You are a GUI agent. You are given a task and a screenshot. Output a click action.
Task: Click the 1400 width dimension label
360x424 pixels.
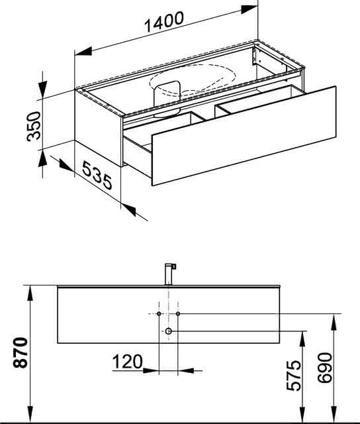tap(164, 21)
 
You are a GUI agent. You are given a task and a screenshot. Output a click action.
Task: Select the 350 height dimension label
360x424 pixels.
tap(34, 127)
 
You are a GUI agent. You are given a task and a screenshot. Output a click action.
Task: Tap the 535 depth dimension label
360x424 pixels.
tap(97, 175)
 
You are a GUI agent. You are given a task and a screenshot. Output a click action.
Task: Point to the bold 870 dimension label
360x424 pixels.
tap(21, 352)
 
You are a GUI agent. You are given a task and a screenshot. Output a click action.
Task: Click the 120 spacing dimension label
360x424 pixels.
tap(127, 362)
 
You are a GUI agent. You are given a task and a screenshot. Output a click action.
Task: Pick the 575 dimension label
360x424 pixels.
tap(294, 376)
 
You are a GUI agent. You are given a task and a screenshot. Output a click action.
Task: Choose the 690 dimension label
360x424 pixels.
tap(325, 368)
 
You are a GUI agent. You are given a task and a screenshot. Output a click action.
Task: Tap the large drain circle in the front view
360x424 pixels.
tap(169, 331)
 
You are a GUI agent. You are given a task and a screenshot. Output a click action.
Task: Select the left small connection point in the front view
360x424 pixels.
tap(159, 313)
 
